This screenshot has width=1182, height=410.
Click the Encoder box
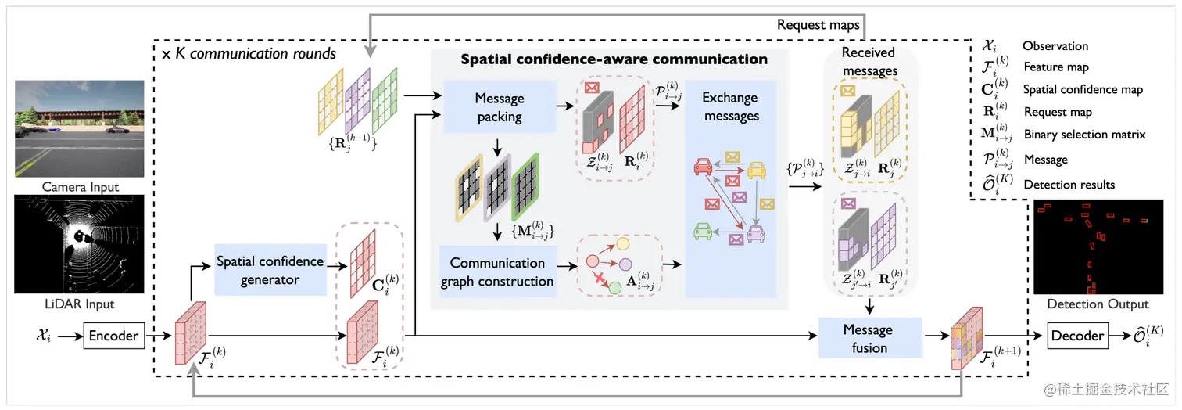click(113, 336)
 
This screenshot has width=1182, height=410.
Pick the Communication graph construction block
click(497, 272)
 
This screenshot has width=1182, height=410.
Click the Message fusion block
click(870, 337)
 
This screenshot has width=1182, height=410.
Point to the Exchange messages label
click(730, 107)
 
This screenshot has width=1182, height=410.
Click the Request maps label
click(818, 25)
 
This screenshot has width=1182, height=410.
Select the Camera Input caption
click(81, 187)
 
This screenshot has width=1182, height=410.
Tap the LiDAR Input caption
click(81, 303)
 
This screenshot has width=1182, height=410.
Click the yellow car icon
click(755, 169)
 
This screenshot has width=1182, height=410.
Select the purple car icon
click(755, 232)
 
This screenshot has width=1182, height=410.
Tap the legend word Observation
click(1055, 46)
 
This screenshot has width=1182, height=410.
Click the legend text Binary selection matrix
click(1083, 135)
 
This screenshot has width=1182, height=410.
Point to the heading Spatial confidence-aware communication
click(614, 59)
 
